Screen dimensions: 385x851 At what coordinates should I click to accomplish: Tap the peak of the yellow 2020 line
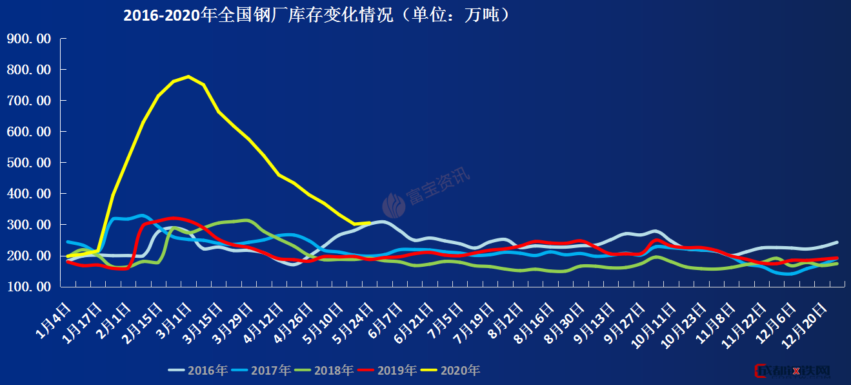(x=188, y=76)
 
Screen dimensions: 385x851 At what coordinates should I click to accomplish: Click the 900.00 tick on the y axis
(x=28, y=39)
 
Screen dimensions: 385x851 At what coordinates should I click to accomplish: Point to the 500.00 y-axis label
(x=28, y=163)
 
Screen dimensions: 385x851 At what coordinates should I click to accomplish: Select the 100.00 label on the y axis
(x=28, y=287)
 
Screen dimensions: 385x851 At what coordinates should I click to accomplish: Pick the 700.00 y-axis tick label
(x=28, y=101)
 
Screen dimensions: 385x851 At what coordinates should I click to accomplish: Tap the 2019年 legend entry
(x=388, y=371)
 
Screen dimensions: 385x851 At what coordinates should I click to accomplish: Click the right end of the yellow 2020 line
(x=369, y=223)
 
